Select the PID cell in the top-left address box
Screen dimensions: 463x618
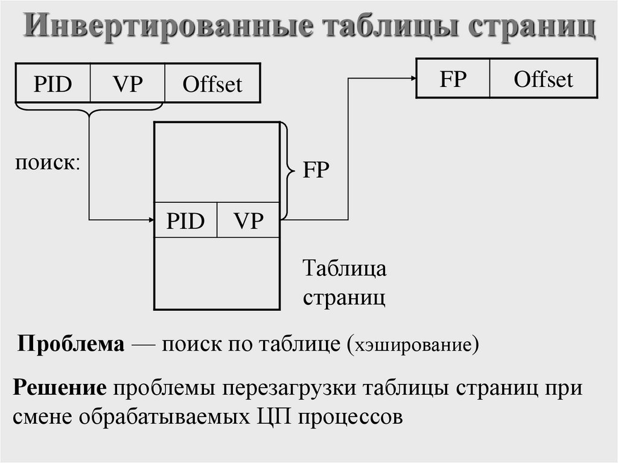[53, 84]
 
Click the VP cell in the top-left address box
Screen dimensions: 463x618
[127, 84]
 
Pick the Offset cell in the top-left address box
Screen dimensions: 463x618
[212, 84]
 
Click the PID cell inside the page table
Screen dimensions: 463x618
[185, 221]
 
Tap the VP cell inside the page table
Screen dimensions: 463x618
[249, 221]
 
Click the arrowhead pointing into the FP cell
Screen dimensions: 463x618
[412, 78]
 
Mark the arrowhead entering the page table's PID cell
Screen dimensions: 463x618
[151, 220]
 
